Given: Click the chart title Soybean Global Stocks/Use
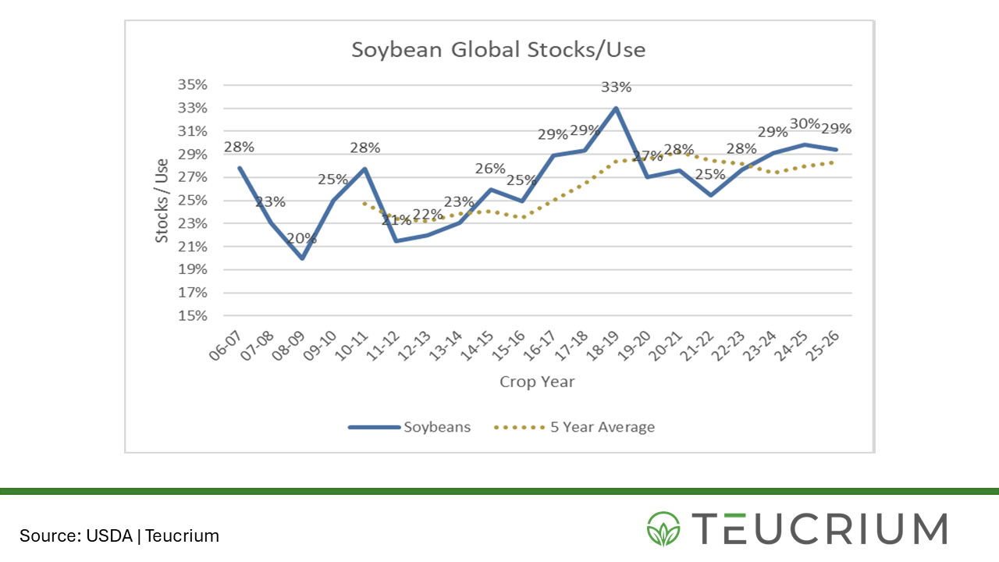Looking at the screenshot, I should [498, 50].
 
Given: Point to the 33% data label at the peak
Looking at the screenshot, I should [616, 87].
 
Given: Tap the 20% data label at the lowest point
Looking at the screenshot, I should [301, 238].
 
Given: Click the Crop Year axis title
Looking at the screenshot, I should [537, 382].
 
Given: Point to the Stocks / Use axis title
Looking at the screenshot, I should [162, 200].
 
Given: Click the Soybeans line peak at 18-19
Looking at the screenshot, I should [617, 108].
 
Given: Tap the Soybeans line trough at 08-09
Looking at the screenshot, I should [302, 258].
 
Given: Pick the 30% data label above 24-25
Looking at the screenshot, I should [805, 123].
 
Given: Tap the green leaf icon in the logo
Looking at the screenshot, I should [663, 528].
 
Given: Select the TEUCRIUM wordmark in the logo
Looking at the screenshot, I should [819, 528].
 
